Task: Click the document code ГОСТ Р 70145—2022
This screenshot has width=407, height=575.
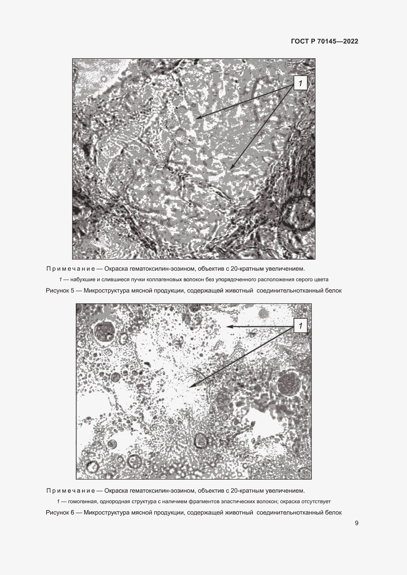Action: (x=325, y=41)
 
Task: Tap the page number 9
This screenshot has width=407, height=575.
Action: (x=356, y=523)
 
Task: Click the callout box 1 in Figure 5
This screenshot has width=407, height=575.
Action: (x=300, y=83)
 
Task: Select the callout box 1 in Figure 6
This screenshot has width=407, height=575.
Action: (x=300, y=326)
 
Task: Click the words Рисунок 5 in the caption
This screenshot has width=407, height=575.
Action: (x=60, y=291)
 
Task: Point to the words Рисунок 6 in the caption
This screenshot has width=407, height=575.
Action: (x=60, y=513)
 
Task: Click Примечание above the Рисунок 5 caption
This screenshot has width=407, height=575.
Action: (x=71, y=269)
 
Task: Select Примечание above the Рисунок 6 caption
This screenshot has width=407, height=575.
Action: (x=71, y=491)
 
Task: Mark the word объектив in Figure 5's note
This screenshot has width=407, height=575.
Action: (x=209, y=269)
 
